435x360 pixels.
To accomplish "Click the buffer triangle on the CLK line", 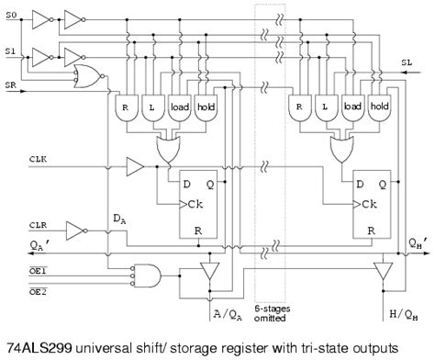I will [x=134, y=167].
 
